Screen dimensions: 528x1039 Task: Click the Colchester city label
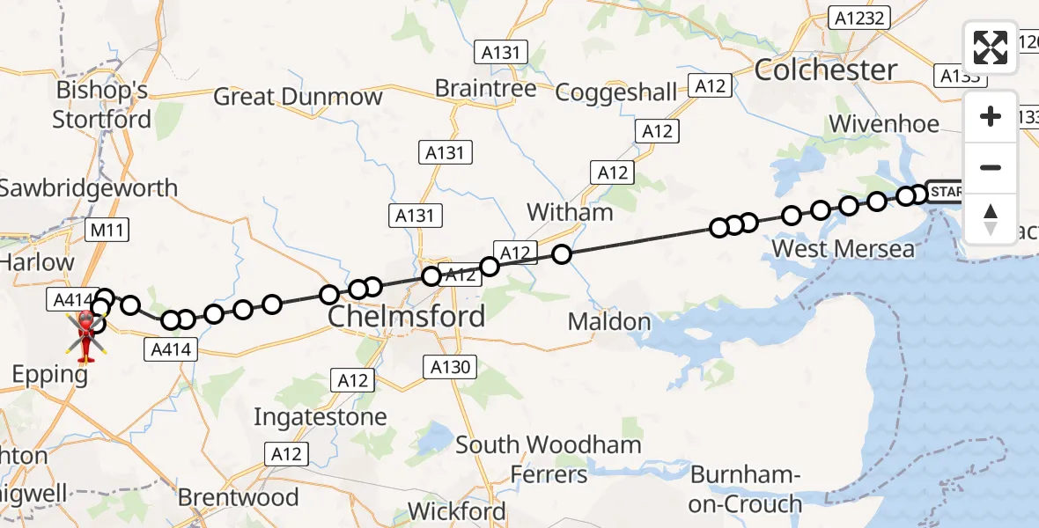826,70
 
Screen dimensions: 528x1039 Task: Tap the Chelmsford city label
407,317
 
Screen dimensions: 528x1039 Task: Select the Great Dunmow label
298,97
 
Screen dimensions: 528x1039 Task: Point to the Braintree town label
486,89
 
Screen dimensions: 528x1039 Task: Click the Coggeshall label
616,92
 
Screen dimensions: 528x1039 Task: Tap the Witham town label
570,212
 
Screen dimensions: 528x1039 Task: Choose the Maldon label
609,322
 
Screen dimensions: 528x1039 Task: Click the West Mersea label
843,249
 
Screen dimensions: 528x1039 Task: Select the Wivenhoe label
884,124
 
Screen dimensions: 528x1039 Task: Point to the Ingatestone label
321,416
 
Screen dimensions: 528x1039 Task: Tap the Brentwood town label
239,497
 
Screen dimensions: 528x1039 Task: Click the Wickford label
457,511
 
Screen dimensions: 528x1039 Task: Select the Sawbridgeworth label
89,188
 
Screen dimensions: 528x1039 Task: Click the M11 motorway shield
107,231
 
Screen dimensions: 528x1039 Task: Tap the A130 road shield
450,367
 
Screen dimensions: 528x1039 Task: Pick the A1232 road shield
862,18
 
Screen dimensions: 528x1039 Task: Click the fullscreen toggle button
991,48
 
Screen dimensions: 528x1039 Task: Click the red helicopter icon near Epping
86,335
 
